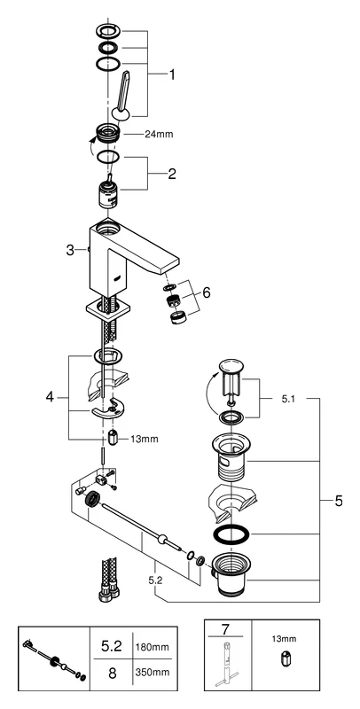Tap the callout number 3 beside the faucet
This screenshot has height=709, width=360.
pyautogui.click(x=70, y=251)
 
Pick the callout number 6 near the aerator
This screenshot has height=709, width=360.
pyautogui.click(x=207, y=292)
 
